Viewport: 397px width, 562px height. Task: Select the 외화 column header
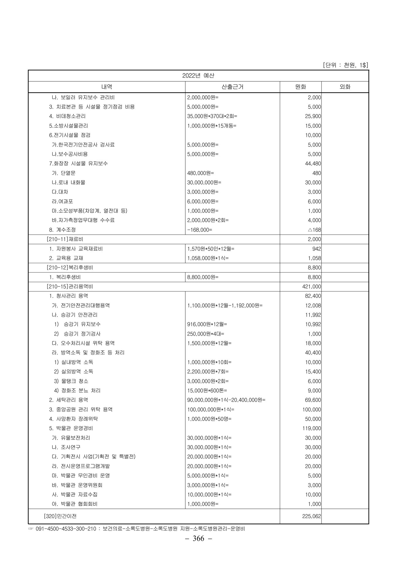[345, 87]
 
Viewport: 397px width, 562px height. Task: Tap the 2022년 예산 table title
[198, 76]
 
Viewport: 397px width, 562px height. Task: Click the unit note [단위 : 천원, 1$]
[345, 65]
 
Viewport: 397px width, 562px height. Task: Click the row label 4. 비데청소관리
[67, 116]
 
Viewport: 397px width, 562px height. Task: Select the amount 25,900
[313, 116]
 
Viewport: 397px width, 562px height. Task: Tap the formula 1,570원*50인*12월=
[211, 249]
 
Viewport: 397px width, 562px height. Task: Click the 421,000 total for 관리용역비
[312, 287]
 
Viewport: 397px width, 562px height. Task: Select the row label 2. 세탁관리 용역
[69, 400]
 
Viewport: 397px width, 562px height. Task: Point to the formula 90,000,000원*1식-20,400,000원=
[226, 400]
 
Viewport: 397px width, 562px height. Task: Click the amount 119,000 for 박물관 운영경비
[312, 428]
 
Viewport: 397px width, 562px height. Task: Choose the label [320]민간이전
[60, 516]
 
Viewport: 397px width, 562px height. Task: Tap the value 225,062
[312, 516]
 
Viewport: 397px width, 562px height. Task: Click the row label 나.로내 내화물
[69, 182]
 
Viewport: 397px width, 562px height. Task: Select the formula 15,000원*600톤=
[207, 390]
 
